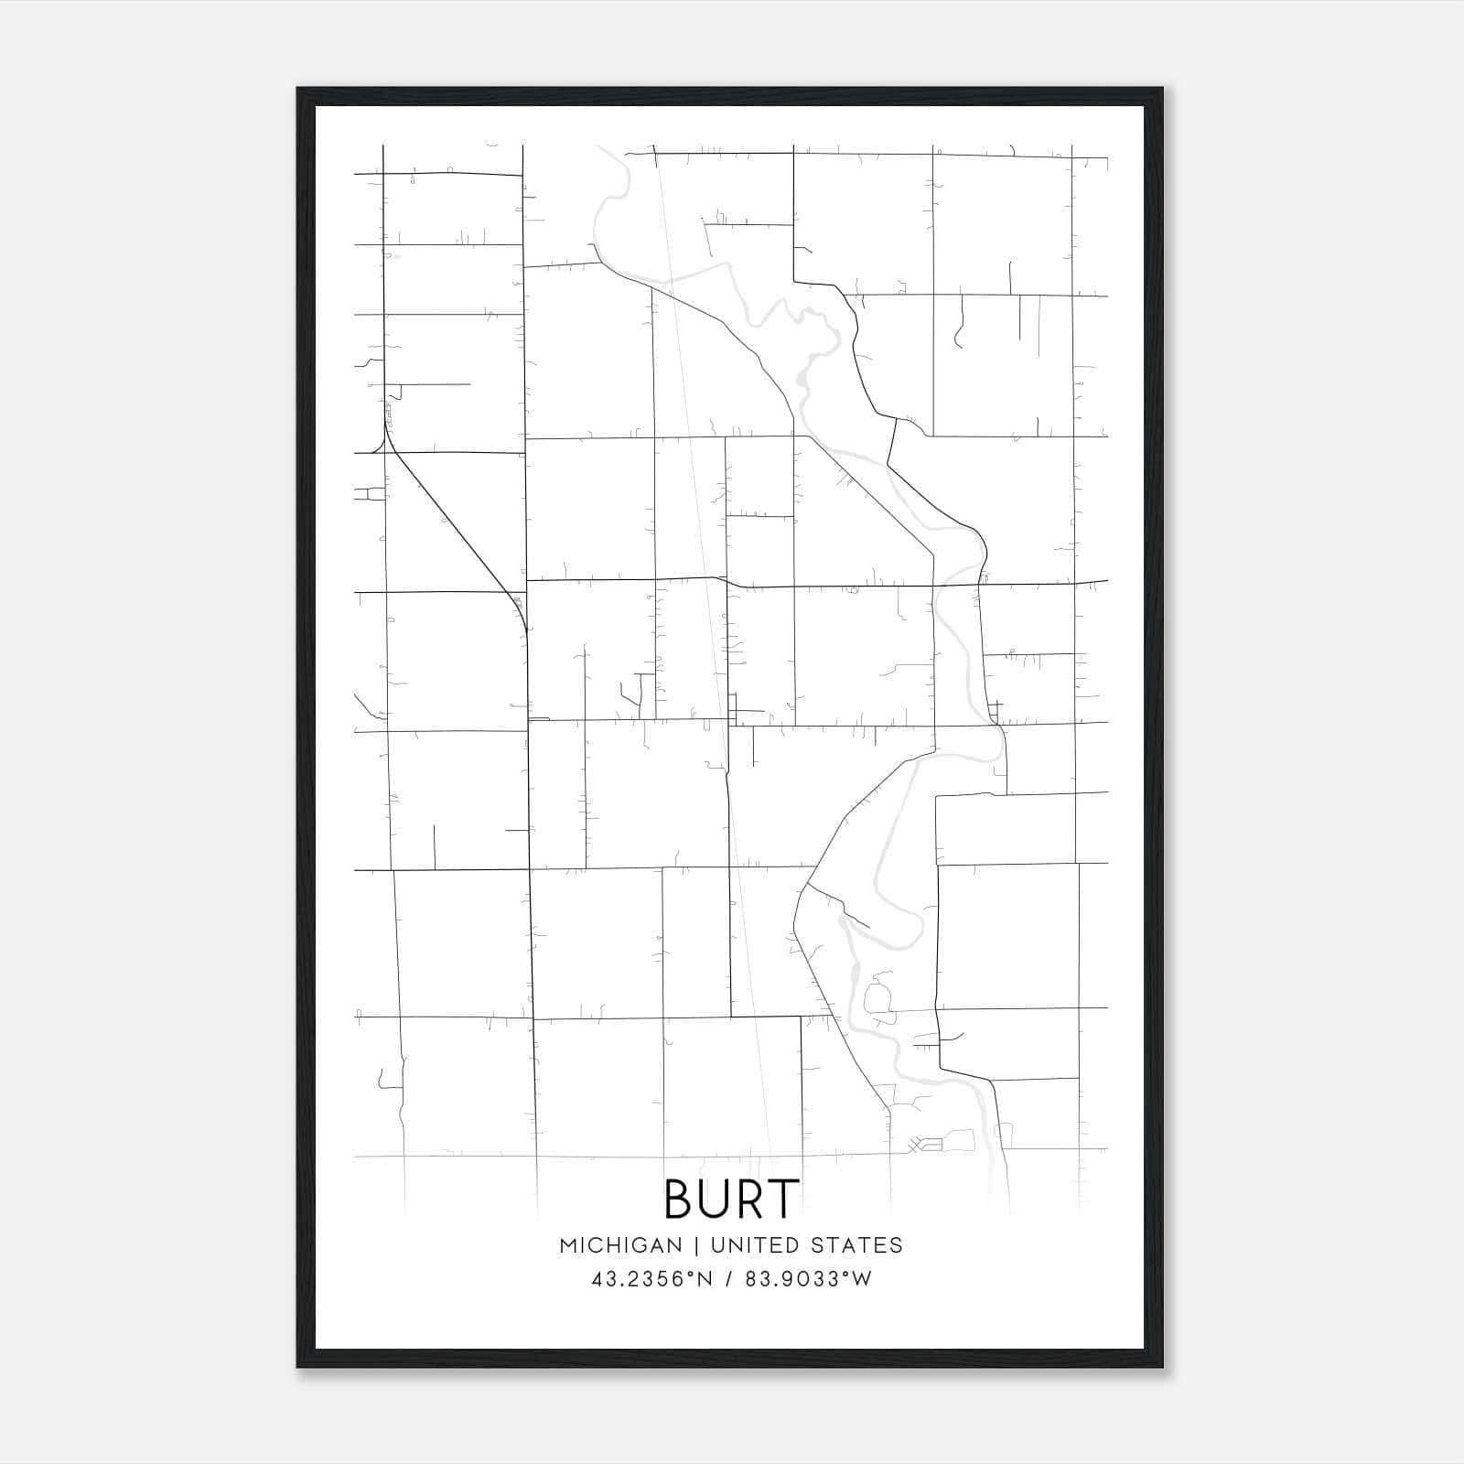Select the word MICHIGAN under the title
620,1245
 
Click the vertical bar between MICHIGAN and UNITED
696,1245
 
